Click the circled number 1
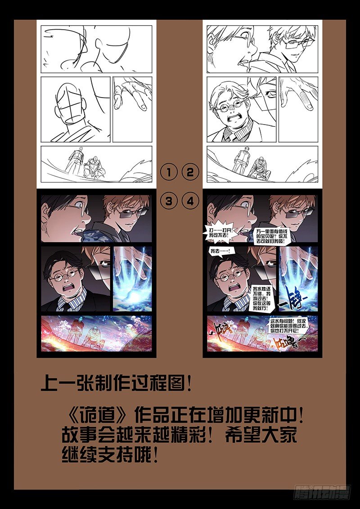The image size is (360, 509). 169,172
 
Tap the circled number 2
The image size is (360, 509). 190,172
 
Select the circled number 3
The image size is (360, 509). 169,202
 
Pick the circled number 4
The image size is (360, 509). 190,202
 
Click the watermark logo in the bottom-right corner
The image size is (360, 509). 322,494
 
